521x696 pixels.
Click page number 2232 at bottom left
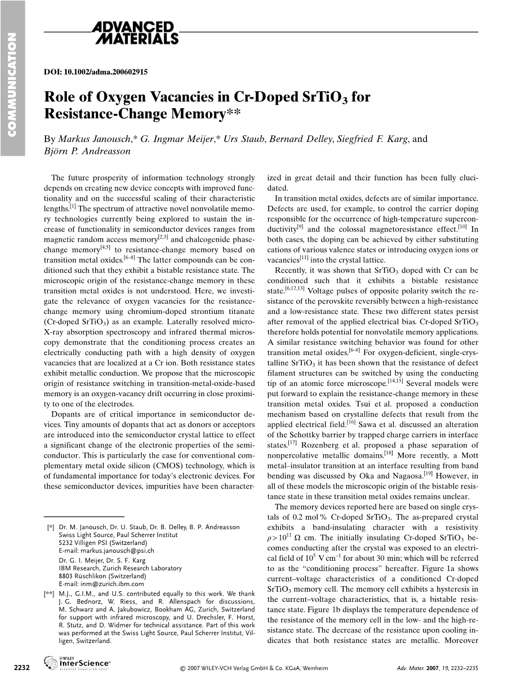[x=21, y=668]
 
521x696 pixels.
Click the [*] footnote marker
[x=51, y=527]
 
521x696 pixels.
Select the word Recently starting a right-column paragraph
[x=291, y=271]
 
